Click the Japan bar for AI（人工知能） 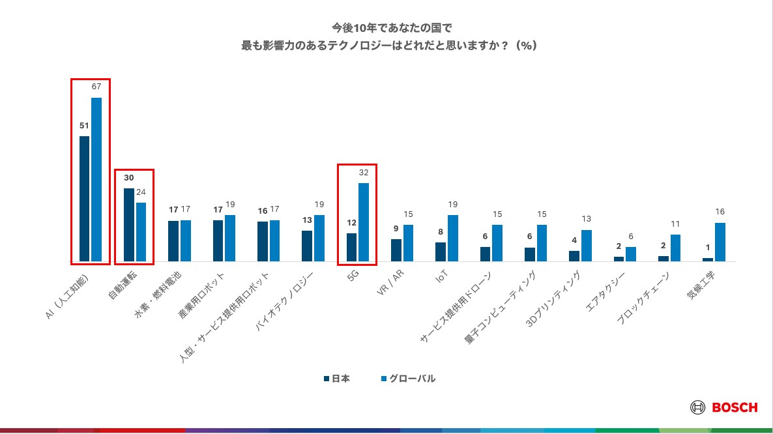[84, 199]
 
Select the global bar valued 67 [96, 179]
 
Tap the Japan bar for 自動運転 [128, 225]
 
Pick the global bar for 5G [364, 222]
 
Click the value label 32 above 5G [364, 173]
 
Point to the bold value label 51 [84, 126]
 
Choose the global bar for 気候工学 [720, 242]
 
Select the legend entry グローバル [407, 379]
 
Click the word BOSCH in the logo [735, 407]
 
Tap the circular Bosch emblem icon [697, 407]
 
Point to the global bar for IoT [453, 238]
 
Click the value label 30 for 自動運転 [128, 178]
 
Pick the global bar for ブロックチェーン [675, 248]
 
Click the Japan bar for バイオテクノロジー [306, 246]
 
